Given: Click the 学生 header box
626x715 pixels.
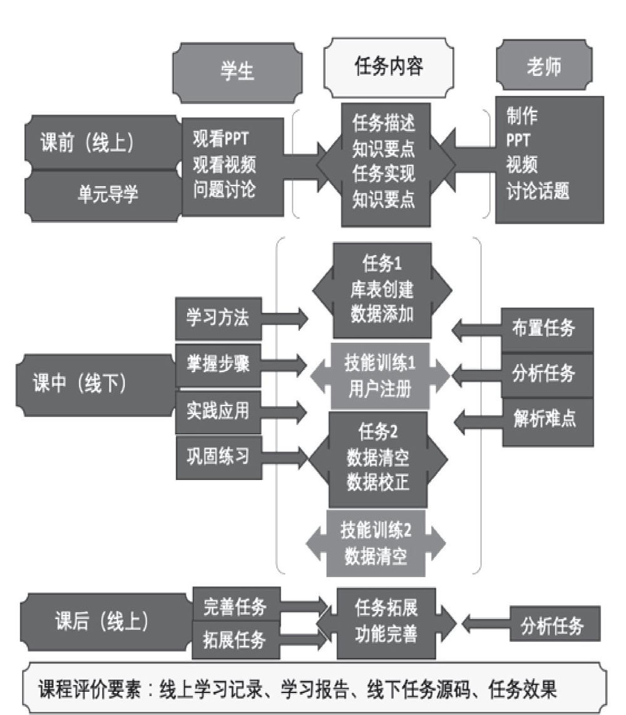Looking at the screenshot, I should pyautogui.click(x=237, y=71).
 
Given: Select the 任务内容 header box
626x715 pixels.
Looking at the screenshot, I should pyautogui.click(x=388, y=67).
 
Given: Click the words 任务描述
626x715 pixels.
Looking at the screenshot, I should pyautogui.click(x=383, y=123).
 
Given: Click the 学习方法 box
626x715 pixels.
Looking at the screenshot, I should pyautogui.click(x=217, y=318).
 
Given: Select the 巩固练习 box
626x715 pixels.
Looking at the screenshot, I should pyautogui.click(x=217, y=456).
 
